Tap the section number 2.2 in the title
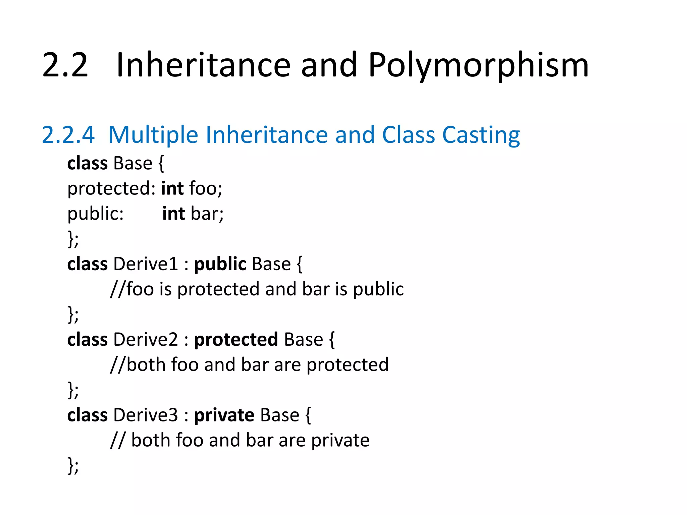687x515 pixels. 65,65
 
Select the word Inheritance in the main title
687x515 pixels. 203,65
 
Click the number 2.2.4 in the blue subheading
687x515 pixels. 68,135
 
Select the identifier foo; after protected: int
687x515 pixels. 206,188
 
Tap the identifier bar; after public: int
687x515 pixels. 207,214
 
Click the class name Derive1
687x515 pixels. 146,264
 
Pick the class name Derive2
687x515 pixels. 146,339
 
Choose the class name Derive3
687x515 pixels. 146,415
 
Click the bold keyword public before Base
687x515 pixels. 220,264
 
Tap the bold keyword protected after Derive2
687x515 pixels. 236,339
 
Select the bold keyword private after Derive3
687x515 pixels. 224,415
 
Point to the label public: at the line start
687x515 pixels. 96,214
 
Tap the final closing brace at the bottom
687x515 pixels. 71,465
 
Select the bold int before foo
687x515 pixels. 172,188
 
